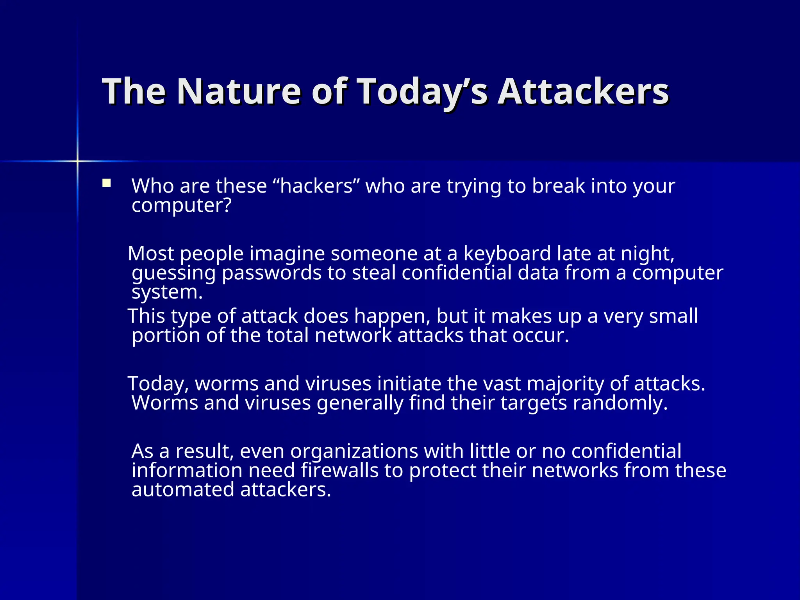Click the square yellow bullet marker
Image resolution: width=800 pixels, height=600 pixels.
pos(106,183)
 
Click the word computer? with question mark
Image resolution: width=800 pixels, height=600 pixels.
pos(182,205)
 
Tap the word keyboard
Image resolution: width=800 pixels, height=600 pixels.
pos(507,254)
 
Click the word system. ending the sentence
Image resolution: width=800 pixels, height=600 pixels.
pos(167,292)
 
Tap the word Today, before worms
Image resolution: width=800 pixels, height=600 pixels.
pos(158,384)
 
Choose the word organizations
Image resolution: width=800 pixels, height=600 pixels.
pos(354,452)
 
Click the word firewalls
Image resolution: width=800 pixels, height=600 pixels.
pos(339,470)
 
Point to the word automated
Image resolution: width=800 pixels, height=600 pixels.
pos(183,489)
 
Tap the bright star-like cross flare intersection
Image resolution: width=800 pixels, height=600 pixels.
pos(77,161)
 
